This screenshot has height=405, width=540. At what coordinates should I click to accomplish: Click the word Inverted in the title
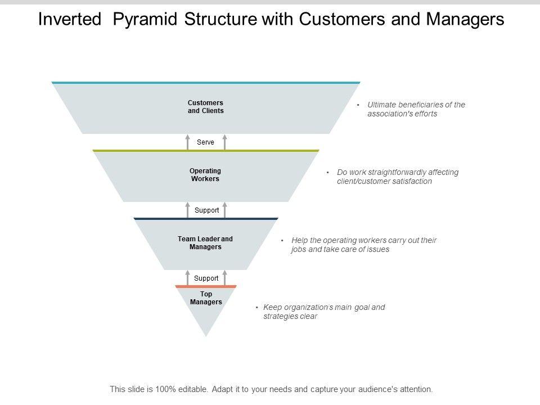tap(70, 19)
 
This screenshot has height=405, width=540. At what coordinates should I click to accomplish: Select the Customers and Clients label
tap(206, 107)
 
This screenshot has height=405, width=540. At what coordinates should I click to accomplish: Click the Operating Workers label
tap(205, 174)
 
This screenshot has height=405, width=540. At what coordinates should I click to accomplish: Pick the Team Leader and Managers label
tap(205, 243)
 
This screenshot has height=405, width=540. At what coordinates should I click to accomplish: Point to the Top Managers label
tap(206, 298)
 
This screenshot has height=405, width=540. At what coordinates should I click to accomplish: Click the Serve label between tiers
tap(206, 142)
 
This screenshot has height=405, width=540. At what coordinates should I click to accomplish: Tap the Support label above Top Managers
tap(206, 278)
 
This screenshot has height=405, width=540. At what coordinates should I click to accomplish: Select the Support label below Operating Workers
tap(206, 210)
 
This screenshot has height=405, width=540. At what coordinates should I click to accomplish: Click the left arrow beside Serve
tap(188, 142)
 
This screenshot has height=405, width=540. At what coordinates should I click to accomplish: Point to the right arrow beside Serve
tap(225, 142)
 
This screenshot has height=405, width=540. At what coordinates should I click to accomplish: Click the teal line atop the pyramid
tap(206, 83)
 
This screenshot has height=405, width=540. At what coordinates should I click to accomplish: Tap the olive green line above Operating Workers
tap(206, 151)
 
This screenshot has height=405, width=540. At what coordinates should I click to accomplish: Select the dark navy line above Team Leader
tap(206, 219)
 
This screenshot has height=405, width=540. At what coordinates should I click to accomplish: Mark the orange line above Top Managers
tap(206, 286)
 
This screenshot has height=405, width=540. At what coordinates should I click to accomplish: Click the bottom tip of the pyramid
tap(206, 336)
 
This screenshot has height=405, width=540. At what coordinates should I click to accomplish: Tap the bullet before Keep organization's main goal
tap(257, 307)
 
